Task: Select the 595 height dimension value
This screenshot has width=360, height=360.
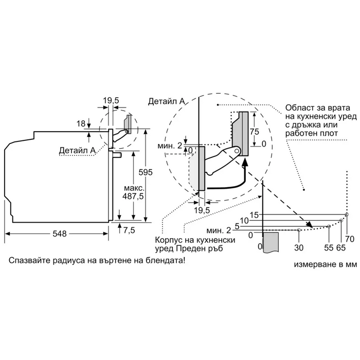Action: coord(148,173)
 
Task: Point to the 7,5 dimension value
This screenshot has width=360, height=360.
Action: coord(129,230)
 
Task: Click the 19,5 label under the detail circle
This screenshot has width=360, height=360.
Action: coord(202,210)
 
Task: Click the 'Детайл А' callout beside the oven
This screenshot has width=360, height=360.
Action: coord(78,150)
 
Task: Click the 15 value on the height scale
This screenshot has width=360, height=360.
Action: coord(254,214)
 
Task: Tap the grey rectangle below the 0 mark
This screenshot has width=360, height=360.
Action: coord(271,241)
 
